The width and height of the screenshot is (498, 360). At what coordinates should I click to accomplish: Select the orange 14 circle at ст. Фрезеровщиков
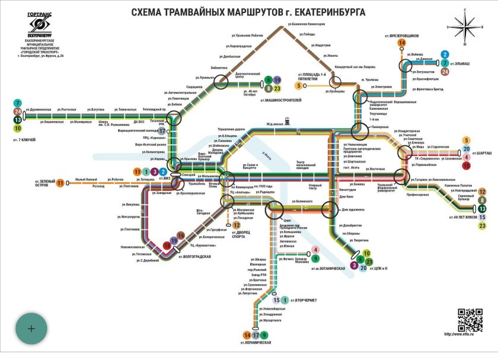[x=403, y=43]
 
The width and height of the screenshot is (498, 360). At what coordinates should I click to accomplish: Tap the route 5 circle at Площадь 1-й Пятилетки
[x=299, y=85]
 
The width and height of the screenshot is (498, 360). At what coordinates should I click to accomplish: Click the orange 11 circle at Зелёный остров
[x=59, y=183]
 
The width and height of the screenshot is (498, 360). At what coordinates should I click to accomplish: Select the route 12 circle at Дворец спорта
[x=236, y=225]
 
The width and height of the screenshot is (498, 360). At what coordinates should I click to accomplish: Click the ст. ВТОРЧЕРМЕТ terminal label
[x=303, y=301]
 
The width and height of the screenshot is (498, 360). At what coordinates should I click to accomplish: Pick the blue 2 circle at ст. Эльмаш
[x=445, y=55]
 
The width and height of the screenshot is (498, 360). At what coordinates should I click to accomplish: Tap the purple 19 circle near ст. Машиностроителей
[x=277, y=80]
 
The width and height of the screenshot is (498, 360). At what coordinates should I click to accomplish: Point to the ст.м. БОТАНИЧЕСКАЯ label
[x=325, y=269]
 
